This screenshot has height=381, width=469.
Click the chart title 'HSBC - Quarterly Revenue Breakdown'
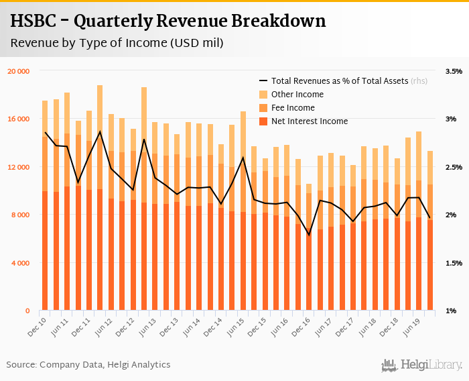[x=168, y=21]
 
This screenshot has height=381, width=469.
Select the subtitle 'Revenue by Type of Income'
[x=117, y=44]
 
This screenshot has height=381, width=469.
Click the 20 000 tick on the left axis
[x=19, y=70]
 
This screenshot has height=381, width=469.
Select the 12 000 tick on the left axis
[x=19, y=167]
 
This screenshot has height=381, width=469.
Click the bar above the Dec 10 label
[x=45, y=215]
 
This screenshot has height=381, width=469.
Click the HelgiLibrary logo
[x=421, y=365]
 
